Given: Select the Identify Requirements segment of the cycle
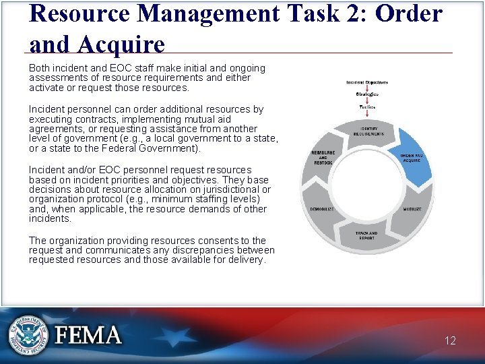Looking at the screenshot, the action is pyautogui.click(x=366, y=131).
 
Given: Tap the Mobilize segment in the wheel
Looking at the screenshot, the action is pyautogui.click(x=412, y=210).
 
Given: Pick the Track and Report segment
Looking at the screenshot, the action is pyautogui.click(x=366, y=235).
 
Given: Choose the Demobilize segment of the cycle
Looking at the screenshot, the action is pyautogui.click(x=321, y=210).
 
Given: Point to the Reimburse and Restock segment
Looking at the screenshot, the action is pyautogui.click(x=323, y=158).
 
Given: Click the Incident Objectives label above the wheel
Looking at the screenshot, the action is pyautogui.click(x=366, y=82).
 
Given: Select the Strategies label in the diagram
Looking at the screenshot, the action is pyautogui.click(x=366, y=94).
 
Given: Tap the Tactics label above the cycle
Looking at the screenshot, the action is pyautogui.click(x=366, y=107).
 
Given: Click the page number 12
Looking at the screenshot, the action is pyautogui.click(x=450, y=340).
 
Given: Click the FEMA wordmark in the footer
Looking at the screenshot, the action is pyautogui.click(x=88, y=335).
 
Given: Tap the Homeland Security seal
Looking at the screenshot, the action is pyautogui.click(x=28, y=334).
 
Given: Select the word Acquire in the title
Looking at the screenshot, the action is pyautogui.click(x=123, y=44).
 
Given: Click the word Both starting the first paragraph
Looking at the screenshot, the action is pyautogui.click(x=40, y=68).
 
